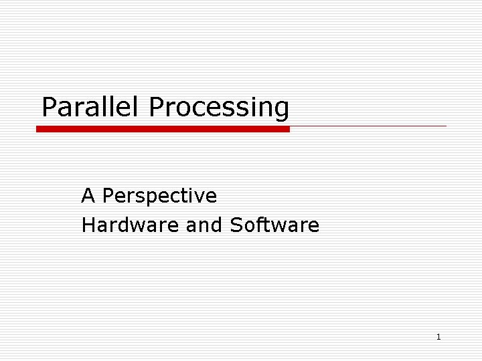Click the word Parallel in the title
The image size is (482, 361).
click(x=92, y=107)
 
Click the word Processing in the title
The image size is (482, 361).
click(x=219, y=107)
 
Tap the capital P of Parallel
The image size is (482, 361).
click(x=49, y=107)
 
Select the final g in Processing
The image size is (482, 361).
click(x=282, y=110)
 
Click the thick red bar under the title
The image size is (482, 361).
click(x=163, y=129)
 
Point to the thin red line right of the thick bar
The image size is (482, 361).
click(x=368, y=126)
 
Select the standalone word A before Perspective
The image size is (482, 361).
click(x=88, y=196)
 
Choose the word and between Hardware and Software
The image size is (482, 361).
click(x=204, y=225)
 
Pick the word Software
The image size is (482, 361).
click(x=274, y=225)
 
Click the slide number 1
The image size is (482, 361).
click(x=438, y=337)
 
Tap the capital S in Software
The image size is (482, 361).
click(x=236, y=225)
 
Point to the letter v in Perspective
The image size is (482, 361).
click(x=199, y=197)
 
